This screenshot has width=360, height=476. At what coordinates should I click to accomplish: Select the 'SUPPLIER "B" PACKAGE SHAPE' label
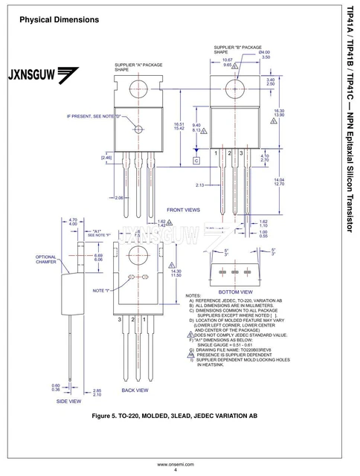click(x=237, y=50)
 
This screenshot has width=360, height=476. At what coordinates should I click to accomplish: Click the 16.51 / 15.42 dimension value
click(x=179, y=126)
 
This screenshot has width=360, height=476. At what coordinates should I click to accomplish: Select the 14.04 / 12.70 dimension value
click(x=280, y=181)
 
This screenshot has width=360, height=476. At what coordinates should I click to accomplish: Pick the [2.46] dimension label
click(x=106, y=157)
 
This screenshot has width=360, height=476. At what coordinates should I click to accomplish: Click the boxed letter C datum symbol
click(x=196, y=160)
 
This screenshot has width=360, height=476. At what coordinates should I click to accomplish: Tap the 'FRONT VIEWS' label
click(x=183, y=210)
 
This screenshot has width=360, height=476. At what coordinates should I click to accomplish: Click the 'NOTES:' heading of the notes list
click(x=193, y=296)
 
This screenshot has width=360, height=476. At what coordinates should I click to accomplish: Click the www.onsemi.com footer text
click(x=176, y=463)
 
